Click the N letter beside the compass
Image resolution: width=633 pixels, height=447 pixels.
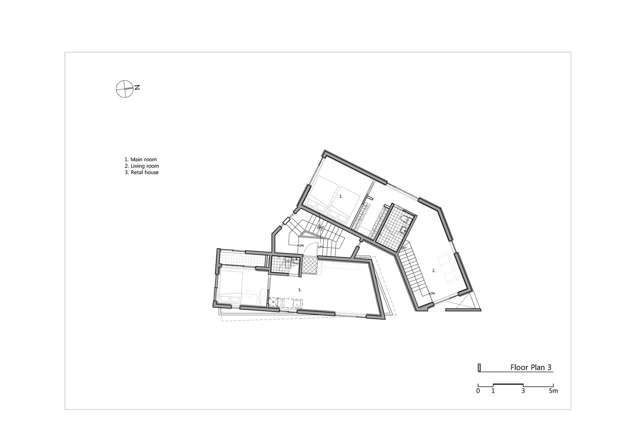pos(137,88)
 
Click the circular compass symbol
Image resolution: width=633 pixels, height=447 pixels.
pos(124,89)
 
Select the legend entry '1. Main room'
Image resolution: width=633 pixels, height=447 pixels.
pos(141,160)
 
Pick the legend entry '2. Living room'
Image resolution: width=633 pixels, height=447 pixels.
pos(142,166)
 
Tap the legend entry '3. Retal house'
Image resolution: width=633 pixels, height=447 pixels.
pos(141,173)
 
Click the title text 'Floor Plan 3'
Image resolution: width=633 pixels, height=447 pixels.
pos(530,367)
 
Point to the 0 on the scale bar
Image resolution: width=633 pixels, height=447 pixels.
pos(478,391)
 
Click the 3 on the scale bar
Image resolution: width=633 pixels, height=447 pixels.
pos(523,391)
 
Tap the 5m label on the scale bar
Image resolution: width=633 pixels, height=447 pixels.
pos(553,391)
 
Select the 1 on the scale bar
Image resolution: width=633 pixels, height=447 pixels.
pos(493,391)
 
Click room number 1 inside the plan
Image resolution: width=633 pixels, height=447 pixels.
pos(341,196)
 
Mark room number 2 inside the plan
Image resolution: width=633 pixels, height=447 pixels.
pos(434,270)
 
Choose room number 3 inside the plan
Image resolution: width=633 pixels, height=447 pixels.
pos(299,290)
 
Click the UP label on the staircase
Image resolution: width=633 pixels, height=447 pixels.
pos(320,247)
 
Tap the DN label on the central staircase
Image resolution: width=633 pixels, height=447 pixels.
pos(301,245)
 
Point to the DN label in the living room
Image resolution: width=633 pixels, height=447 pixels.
pos(432,293)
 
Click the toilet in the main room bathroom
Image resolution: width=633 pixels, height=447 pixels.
pos(404,219)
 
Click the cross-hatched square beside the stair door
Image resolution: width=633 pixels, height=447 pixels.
pos(310,265)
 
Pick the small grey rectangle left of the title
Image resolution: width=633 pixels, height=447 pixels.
pos(479,368)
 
